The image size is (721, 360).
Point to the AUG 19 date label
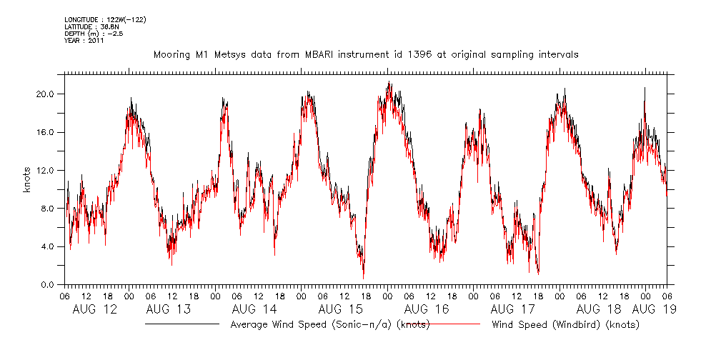click(654, 309)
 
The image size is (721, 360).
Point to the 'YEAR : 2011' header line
click(84, 41)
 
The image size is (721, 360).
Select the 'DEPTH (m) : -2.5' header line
click(94, 34)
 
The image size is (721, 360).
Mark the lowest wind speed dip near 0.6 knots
click(363, 278)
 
